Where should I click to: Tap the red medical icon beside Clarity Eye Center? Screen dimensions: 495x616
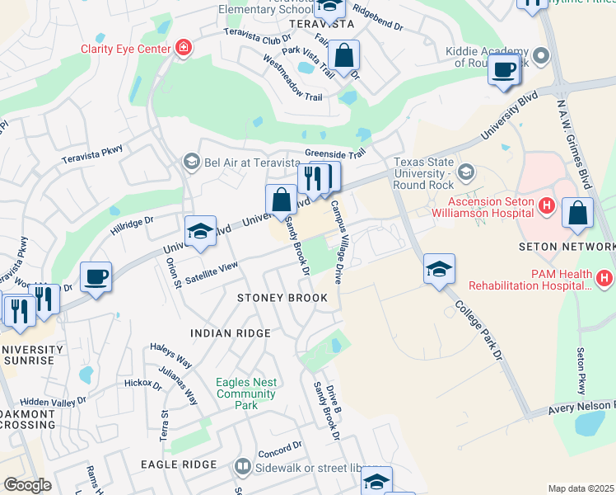pos(182,49)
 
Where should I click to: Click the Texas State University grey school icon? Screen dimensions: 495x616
pos(467,172)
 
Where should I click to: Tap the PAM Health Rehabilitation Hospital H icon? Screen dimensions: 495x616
pos(604,279)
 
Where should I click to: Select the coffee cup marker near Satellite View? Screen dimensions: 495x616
pos(96,276)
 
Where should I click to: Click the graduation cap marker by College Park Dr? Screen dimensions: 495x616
pos(439,268)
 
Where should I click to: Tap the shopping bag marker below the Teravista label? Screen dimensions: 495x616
pos(343,56)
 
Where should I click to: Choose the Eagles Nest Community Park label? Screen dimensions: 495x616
pos(246,394)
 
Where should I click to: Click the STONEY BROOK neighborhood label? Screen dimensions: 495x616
pos(282,297)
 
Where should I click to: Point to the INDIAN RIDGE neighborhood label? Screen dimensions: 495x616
pos(231,333)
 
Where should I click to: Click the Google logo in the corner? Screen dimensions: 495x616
pos(27,485)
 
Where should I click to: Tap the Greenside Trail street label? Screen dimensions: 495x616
pos(334,153)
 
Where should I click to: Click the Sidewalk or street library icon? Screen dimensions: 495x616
pos(242,466)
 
